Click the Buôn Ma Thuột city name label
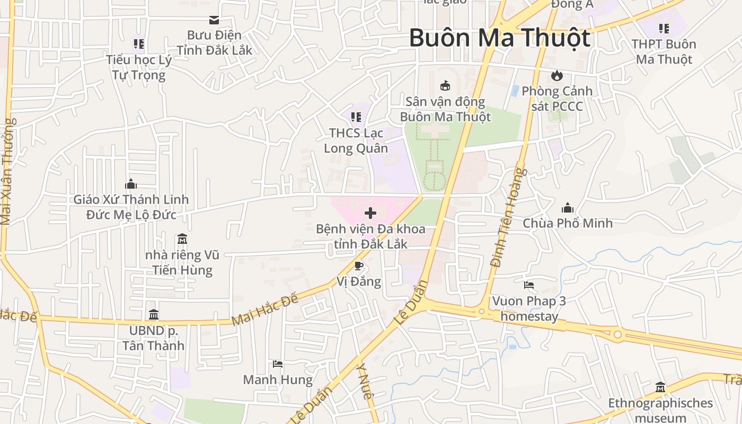pyautogui.click(x=499, y=38)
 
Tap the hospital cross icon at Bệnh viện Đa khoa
pyautogui.click(x=370, y=213)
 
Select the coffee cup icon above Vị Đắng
pyautogui.click(x=359, y=266)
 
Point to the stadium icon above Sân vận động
pyautogui.click(x=445, y=85)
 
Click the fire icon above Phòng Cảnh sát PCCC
pyautogui.click(x=556, y=75)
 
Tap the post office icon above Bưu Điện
pyautogui.click(x=214, y=20)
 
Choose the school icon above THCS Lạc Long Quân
pyautogui.click(x=356, y=117)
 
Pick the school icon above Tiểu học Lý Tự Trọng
pyautogui.click(x=139, y=43)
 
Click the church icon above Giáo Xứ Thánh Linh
pyautogui.click(x=131, y=184)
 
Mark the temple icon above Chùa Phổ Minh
pyautogui.click(x=568, y=207)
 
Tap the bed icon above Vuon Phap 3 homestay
pyautogui.click(x=529, y=285)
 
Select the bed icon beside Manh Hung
pyautogui.click(x=278, y=364)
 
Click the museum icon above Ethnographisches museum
pyautogui.click(x=660, y=387)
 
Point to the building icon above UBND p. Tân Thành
pyautogui.click(x=154, y=314)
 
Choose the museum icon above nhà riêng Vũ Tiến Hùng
pyautogui.click(x=182, y=239)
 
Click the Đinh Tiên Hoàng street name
pyautogui.click(x=507, y=217)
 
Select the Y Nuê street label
pyautogui.click(x=366, y=381)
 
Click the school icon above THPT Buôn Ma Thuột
pyautogui.click(x=664, y=28)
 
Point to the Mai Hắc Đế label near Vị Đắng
pyautogui.click(x=265, y=310)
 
